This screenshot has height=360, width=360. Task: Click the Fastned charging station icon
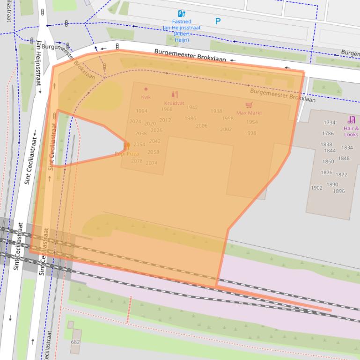[x=182, y=14]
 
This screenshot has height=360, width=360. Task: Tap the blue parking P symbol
[x=218, y=21]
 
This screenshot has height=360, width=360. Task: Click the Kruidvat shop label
[x=174, y=103]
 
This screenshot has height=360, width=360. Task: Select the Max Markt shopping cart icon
[x=249, y=105]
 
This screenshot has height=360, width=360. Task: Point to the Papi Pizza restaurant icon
[x=126, y=146]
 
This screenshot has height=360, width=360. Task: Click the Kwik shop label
[x=146, y=97]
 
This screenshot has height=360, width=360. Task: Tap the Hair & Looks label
[x=351, y=131]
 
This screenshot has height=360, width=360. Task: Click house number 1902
[x=316, y=188]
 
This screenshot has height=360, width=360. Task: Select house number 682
[x=75, y=342]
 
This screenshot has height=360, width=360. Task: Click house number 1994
[x=141, y=111]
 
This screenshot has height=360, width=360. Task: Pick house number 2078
[x=137, y=161]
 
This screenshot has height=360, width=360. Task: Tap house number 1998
[x=250, y=133]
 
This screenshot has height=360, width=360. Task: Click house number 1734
[x=330, y=122]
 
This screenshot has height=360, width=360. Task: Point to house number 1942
[x=192, y=108]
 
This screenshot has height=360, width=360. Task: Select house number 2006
[x=201, y=126]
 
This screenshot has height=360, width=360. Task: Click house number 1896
[x=338, y=191]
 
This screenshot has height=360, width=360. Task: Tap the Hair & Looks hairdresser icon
[x=352, y=120]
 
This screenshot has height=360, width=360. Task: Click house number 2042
[x=154, y=141]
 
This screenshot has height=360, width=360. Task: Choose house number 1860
[x=328, y=162]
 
